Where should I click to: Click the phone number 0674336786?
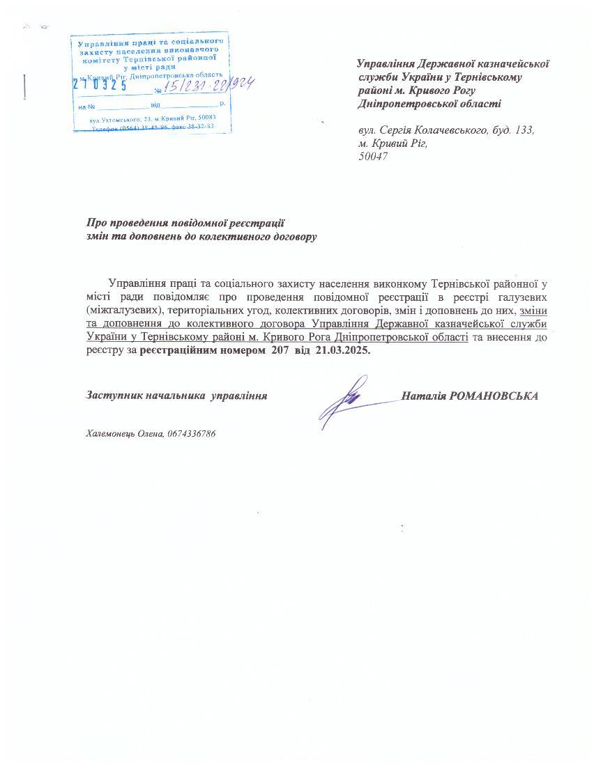(x=192, y=434)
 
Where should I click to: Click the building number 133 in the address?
(x=524, y=130)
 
